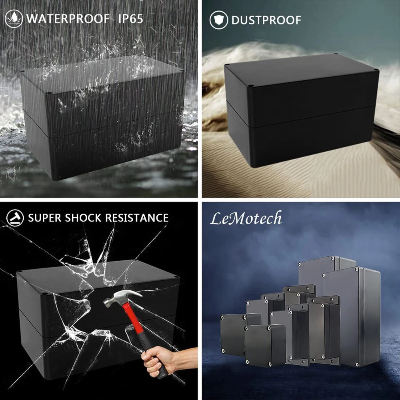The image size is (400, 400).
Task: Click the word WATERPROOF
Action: (x=68, y=19)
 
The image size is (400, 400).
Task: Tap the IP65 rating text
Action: (x=130, y=19)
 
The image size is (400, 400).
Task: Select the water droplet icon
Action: (x=14, y=19)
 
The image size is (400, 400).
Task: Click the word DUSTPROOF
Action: (x=266, y=20)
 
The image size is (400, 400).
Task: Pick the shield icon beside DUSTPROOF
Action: (x=219, y=20)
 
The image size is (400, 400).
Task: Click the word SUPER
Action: (x=45, y=218)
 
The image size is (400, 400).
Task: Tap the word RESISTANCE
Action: (x=137, y=218)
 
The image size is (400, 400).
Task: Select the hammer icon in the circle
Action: (x=15, y=218)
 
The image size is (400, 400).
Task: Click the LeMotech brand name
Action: (x=246, y=218)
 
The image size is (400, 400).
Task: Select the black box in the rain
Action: (x=102, y=117)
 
